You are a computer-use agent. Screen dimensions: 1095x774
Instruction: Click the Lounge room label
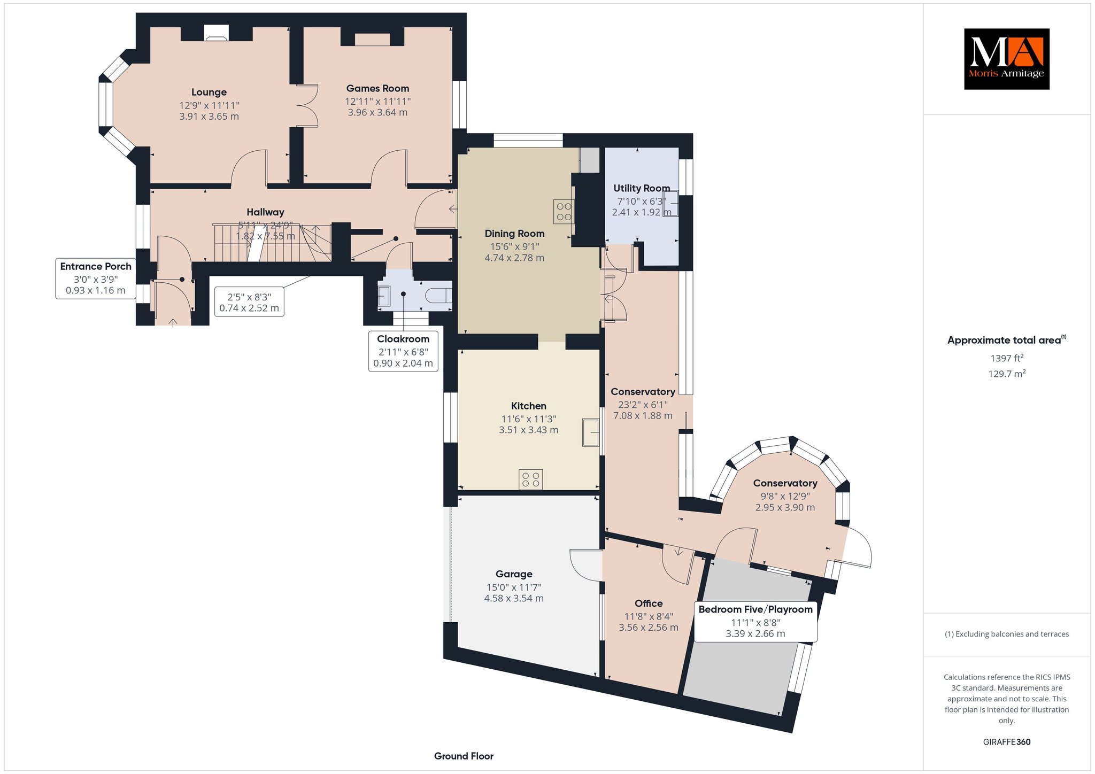[x=209, y=92]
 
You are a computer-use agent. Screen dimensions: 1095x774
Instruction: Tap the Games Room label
[x=377, y=89]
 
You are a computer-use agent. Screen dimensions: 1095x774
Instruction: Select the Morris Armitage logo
[x=1006, y=59]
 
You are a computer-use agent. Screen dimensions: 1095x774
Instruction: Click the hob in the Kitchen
[x=530, y=479]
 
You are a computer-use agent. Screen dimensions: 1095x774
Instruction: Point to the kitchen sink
[x=591, y=432]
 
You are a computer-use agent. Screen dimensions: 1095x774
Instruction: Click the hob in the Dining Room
[x=564, y=211]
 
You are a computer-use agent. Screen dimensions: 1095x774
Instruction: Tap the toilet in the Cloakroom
[x=439, y=296]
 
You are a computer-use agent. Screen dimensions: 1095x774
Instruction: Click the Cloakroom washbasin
[x=384, y=296]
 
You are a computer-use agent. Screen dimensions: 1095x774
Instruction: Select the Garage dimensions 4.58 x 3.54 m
[x=514, y=599]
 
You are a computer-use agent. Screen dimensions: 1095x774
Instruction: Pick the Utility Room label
[x=642, y=188]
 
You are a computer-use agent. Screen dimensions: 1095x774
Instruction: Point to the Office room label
[x=649, y=603]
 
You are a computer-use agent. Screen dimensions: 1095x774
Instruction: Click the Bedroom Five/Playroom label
[x=755, y=609]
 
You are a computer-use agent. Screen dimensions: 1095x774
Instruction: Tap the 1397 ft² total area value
[x=1007, y=358]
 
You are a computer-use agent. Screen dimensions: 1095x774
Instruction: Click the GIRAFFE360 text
[x=1007, y=742]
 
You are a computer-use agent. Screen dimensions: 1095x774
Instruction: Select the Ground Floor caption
[x=464, y=756]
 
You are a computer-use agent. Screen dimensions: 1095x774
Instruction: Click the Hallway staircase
[x=273, y=243]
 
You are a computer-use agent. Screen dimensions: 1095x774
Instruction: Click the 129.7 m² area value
[x=1007, y=374]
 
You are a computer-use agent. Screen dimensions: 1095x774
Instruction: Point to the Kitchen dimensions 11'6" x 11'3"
[x=528, y=419]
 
